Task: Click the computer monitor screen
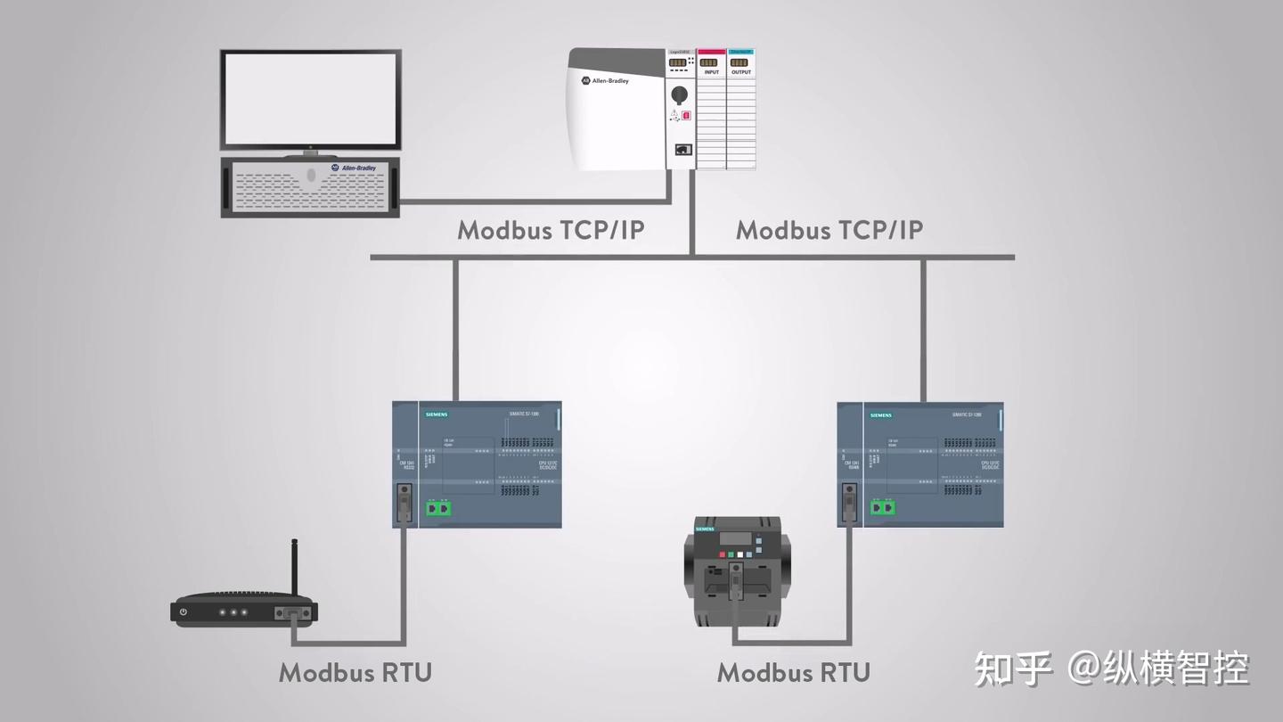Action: pos(311,99)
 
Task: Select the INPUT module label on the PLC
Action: pos(711,72)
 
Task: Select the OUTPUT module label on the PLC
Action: pos(741,72)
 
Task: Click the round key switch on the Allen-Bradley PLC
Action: pos(679,93)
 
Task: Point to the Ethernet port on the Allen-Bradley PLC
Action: pos(682,150)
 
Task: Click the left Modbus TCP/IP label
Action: pos(551,230)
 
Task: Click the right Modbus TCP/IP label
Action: pos(829,230)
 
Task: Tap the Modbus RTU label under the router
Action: pos(355,672)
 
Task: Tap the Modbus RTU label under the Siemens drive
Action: pos(793,672)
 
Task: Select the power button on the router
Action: pos(184,612)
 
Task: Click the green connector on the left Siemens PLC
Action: pos(438,508)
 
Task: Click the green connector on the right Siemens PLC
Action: pos(884,508)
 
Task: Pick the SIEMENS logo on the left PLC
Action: pos(437,414)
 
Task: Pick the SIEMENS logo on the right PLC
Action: pos(881,414)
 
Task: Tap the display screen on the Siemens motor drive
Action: pos(736,537)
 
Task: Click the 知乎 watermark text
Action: pos(1013,669)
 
